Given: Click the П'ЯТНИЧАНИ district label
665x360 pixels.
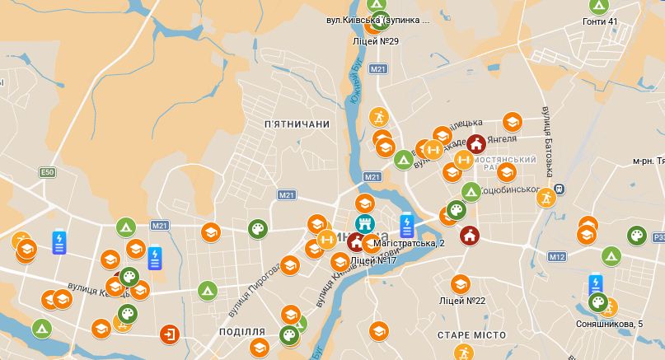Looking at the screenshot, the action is point(297,124).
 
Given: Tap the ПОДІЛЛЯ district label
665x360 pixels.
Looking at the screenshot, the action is point(242,331).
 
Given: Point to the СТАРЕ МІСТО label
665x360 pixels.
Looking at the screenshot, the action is point(471,335).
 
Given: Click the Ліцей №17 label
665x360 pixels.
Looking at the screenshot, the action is point(373,260).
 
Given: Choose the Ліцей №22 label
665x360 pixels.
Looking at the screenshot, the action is point(461,301).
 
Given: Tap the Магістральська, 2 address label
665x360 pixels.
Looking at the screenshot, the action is point(409,244).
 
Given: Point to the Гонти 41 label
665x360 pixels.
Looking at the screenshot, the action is point(600,21).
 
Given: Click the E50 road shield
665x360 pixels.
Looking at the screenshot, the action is point(47,172).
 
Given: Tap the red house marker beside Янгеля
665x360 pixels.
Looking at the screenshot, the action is point(475,144).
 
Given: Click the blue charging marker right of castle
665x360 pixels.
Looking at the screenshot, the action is point(406,225).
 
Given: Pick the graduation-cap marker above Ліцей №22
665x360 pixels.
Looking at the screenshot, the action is point(461,283).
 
